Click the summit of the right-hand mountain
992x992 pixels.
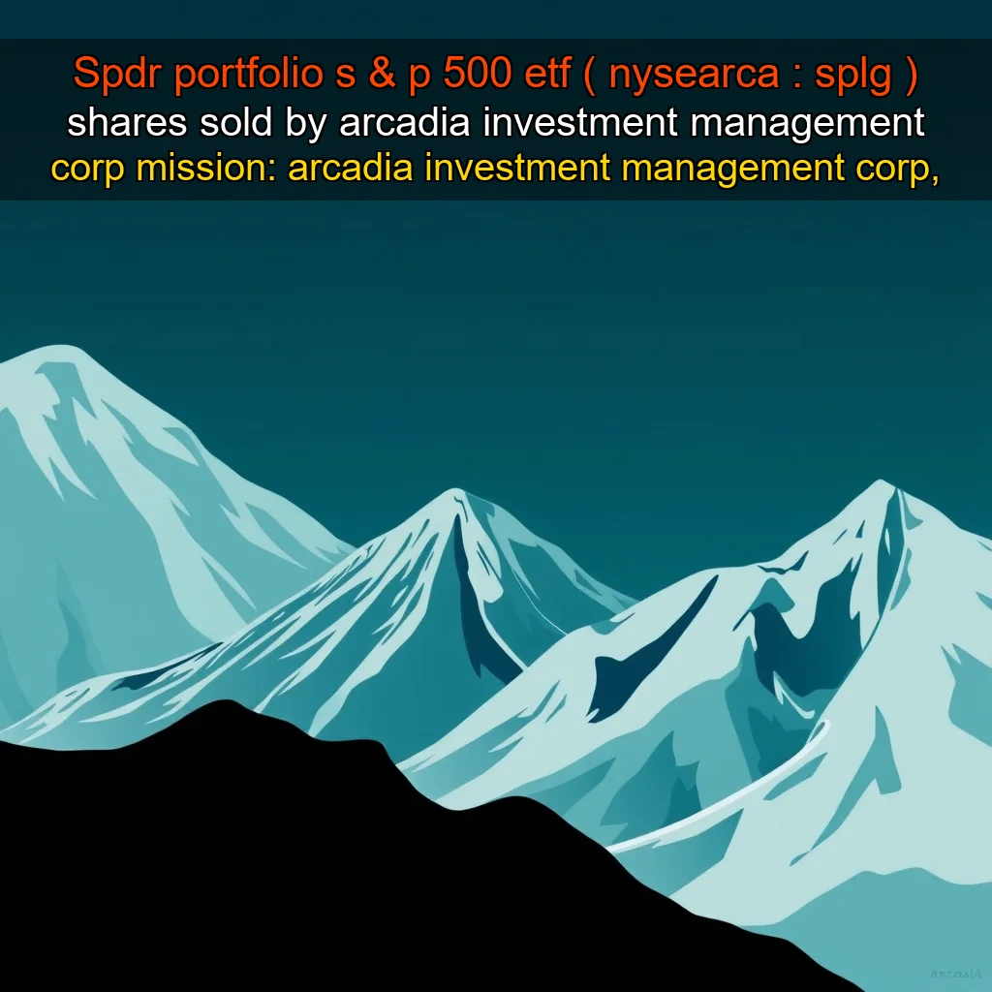881,483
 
